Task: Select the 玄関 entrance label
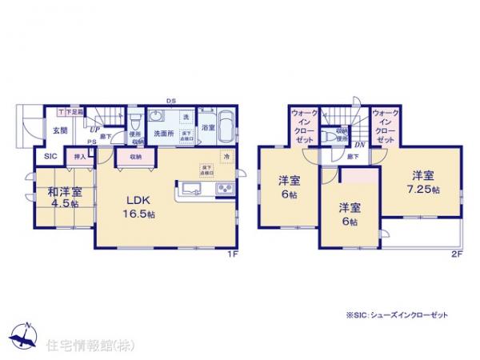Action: (60, 131)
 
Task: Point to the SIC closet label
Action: (50, 157)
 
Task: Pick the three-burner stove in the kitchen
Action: (224, 190)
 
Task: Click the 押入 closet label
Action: (80, 158)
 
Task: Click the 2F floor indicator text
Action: (457, 254)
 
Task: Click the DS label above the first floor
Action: (170, 100)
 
